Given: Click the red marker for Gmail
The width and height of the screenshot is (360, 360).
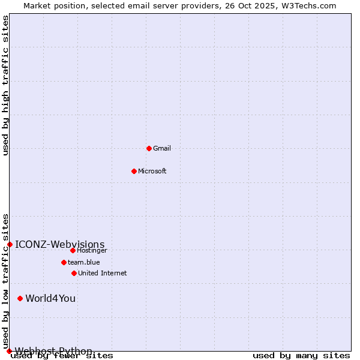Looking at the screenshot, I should [x=149, y=148].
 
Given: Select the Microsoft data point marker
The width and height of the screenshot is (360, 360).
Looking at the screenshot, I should [x=134, y=171].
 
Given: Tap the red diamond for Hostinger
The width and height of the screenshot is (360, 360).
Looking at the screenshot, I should [x=73, y=250].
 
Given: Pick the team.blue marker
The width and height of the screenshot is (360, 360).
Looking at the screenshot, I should [x=64, y=262].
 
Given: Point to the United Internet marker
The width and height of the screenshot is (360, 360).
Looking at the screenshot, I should [x=74, y=273].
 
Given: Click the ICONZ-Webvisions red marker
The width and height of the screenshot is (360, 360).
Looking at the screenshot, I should [x=10, y=244].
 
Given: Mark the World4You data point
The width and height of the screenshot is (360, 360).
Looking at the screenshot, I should [x=20, y=298].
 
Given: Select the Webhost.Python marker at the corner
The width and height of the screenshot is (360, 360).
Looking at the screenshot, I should [x=9, y=351].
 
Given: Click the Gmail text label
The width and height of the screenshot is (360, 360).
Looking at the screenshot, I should [x=162, y=148].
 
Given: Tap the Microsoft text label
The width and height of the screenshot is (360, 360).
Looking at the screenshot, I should [x=152, y=171].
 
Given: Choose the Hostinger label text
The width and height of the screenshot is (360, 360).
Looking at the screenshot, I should [x=92, y=250].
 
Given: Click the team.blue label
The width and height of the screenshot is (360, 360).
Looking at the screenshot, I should [x=84, y=262].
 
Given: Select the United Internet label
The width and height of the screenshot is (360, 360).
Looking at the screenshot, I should [x=103, y=273].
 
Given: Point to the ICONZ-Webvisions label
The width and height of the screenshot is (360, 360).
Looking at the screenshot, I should [x=60, y=244].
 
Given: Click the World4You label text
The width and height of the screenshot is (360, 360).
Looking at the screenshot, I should [x=50, y=298].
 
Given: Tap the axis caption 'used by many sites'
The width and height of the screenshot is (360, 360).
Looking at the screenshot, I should [x=301, y=356].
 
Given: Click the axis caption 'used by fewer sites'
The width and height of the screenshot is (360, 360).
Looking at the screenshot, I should [x=62, y=356].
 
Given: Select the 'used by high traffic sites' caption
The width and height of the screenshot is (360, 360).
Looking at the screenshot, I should [x=6, y=85].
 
